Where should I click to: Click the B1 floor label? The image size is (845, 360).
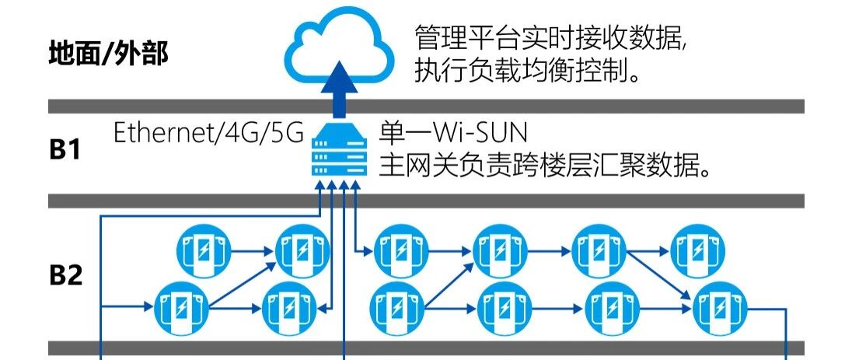pyautogui.click(x=66, y=150)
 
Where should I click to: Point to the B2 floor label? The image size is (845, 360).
pyautogui.click(x=66, y=275)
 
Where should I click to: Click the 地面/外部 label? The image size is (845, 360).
pyautogui.click(x=108, y=54)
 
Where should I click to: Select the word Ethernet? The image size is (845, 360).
pyautogui.click(x=161, y=133)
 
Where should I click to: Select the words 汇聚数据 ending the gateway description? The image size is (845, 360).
pyautogui.click(x=658, y=165)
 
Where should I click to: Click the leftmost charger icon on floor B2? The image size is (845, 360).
pyautogui.click(x=182, y=308)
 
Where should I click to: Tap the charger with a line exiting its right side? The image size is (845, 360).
pyautogui.click(x=719, y=308)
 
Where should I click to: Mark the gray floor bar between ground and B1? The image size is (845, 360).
pyautogui.click(x=426, y=107)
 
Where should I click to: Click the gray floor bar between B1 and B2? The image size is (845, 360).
pyautogui.click(x=426, y=201)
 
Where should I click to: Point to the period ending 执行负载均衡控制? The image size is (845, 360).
pyautogui.click(x=635, y=79)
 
